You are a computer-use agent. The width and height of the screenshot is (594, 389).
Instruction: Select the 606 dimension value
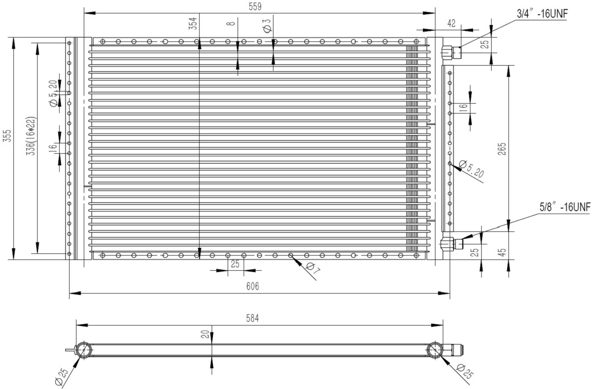[252, 286]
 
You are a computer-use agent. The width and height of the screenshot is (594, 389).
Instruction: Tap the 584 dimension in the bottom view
[252, 319]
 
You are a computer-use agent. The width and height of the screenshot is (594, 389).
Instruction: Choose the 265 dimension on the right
[502, 148]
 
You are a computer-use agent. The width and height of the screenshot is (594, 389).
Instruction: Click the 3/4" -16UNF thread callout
[542, 14]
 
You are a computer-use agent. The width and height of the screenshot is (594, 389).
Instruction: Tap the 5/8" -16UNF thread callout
[565, 207]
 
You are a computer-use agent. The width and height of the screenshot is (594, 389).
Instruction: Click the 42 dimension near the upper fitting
[451, 24]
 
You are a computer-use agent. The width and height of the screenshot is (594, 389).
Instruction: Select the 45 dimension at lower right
[502, 252]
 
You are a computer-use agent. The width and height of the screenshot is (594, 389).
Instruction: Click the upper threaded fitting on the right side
[452, 53]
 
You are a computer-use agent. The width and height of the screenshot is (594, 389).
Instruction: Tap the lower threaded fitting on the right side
[452, 244]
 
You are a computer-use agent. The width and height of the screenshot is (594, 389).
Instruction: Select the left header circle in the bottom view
[83, 350]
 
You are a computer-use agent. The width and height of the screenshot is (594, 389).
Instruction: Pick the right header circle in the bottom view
[435, 350]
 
